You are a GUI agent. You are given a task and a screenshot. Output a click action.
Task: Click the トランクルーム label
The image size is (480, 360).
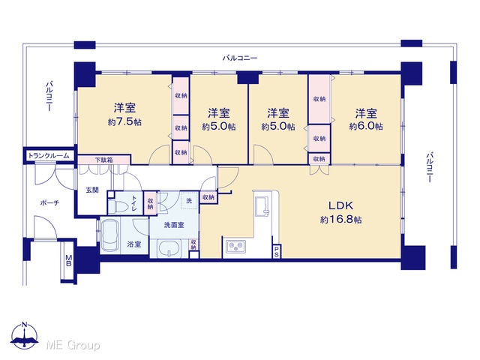coord(49,156)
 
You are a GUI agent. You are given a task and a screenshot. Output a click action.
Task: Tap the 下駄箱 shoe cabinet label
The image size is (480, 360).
coord(103,160)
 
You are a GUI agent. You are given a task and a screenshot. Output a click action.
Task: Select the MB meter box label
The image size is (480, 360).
coord(68,260)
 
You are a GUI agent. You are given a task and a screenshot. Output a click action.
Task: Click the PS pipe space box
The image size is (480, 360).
coord(277,251)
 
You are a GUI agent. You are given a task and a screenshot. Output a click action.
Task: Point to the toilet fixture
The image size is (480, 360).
coord(119,206)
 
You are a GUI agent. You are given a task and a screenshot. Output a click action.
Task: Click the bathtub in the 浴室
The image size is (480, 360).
coord(110,235)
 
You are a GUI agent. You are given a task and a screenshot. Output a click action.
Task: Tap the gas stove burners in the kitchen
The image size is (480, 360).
coord(235,247)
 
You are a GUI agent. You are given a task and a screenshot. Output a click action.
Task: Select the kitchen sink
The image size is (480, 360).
coord(262,206)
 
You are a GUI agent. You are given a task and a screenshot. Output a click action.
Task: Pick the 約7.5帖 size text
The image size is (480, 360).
coord(124,122)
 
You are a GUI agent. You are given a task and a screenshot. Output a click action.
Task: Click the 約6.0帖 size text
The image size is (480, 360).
coord(366,126)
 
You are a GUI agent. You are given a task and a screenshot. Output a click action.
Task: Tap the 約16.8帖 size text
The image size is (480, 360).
coord(340,220)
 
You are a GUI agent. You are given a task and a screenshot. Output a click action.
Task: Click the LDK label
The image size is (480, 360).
coord(340,205)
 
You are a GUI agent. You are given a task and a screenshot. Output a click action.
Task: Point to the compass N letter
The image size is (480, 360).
coord(25,325)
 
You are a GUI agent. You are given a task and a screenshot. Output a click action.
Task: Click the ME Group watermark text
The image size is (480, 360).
coord(73,345)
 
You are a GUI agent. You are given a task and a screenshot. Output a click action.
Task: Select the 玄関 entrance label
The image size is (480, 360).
coord(92,190)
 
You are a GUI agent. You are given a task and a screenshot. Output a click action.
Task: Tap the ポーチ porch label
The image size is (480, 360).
coord(49,203)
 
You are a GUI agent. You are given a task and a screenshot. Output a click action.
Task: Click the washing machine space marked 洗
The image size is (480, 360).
coord(189,201)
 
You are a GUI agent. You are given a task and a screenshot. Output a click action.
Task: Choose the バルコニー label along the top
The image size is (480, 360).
coord(240,58)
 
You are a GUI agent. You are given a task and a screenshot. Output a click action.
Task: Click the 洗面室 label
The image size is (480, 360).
coord(174,225)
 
